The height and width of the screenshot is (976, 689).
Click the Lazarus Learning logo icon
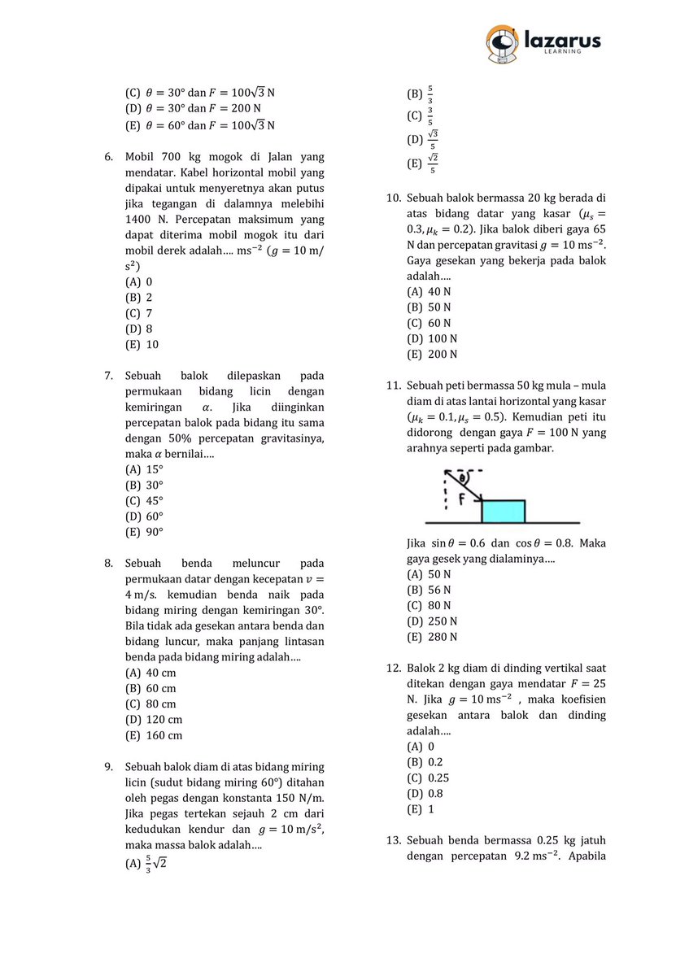(x=501, y=44)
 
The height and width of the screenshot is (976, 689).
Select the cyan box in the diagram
(x=503, y=512)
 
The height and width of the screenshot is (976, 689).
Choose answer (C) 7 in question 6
(x=139, y=313)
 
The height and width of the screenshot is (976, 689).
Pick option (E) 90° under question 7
(x=144, y=532)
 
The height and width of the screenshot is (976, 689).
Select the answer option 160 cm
(x=154, y=735)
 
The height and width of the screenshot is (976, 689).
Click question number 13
(x=393, y=840)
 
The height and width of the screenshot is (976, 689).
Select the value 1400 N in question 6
(x=143, y=220)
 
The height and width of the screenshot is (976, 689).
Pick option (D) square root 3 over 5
(x=423, y=139)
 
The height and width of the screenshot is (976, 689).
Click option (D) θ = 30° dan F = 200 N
(x=193, y=108)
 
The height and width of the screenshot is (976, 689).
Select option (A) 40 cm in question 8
(x=150, y=673)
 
